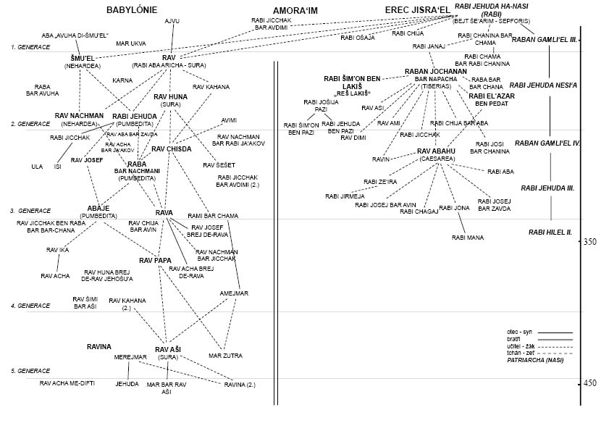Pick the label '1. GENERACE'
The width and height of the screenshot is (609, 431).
[30, 46]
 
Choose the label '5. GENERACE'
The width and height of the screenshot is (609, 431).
[30, 371]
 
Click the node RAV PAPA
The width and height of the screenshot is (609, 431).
[155, 259]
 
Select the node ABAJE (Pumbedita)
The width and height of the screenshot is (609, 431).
[98, 211]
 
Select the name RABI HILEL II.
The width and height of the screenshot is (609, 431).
[550, 232]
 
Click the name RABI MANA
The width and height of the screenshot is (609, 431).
[468, 237]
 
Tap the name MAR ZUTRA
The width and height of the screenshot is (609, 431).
[225, 356]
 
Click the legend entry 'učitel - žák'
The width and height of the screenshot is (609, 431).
[522, 346]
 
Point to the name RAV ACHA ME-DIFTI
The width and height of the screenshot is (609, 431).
[68, 382]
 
